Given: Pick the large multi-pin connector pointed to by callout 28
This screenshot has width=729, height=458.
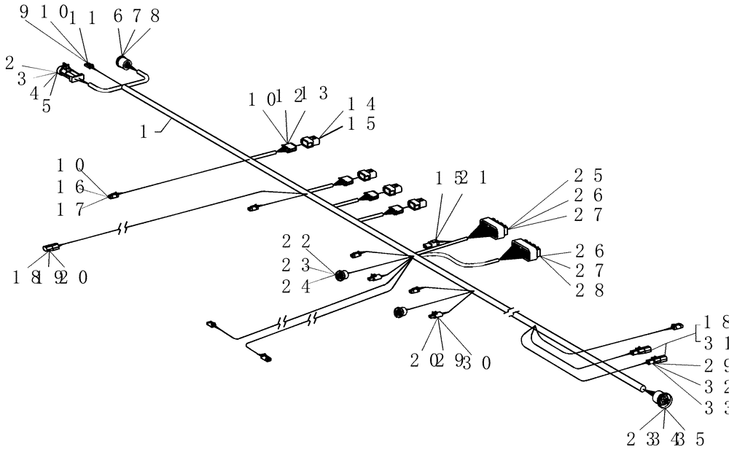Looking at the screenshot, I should click(x=523, y=252).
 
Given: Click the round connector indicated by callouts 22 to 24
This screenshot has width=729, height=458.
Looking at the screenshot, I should click(x=340, y=275).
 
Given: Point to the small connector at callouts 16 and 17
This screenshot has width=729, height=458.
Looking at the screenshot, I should click(x=113, y=195).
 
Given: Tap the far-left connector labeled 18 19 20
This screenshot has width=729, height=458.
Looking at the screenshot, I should click(x=50, y=249).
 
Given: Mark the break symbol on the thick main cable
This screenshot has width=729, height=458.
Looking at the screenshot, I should click(x=512, y=311).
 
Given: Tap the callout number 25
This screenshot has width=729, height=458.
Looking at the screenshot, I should click(x=587, y=175).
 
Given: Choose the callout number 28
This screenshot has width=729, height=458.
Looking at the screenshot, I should click(x=587, y=290).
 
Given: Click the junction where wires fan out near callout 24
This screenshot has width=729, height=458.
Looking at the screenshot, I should click(x=413, y=256).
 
